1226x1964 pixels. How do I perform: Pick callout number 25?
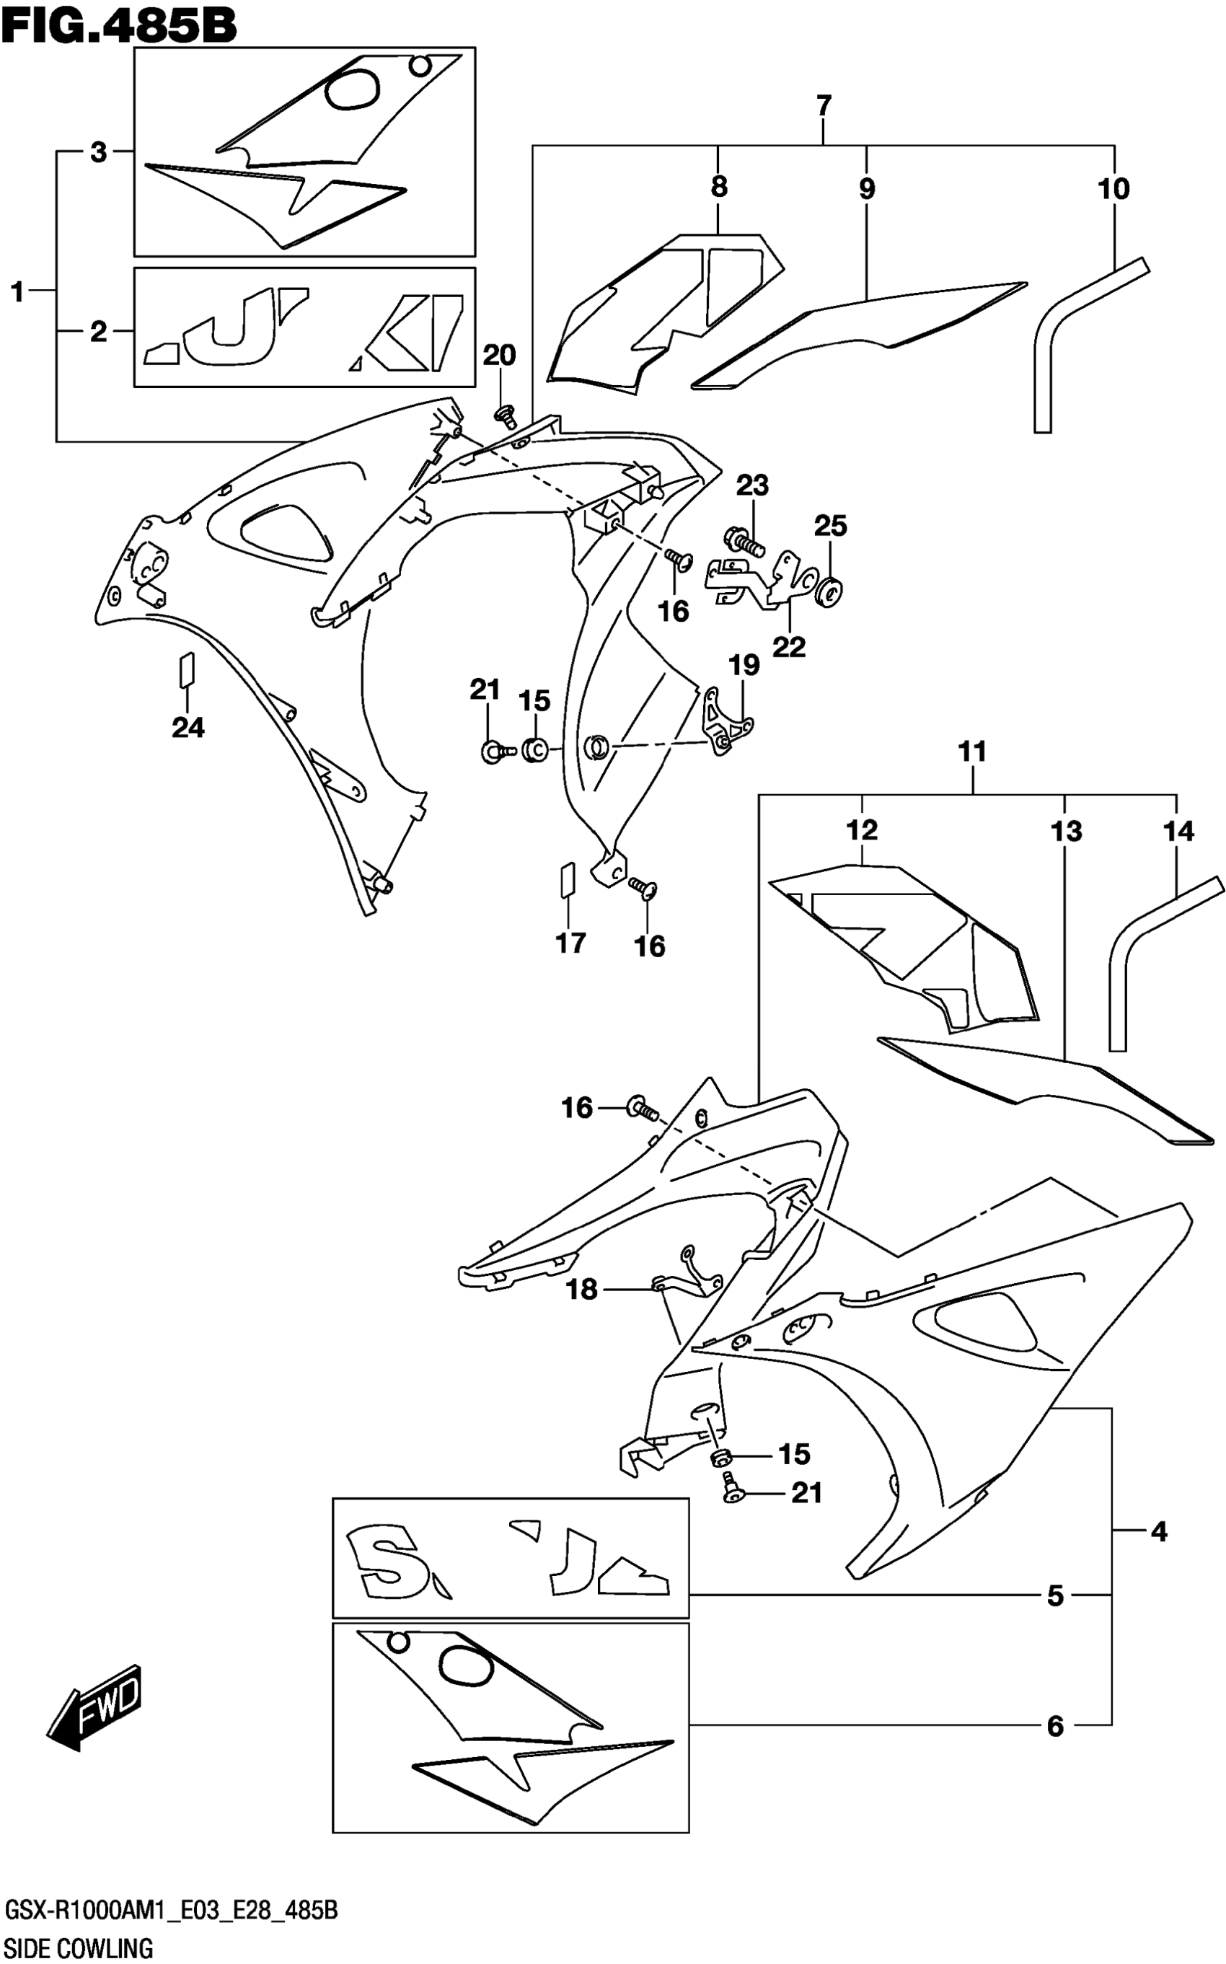click(x=830, y=527)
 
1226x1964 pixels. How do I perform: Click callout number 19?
click(x=744, y=665)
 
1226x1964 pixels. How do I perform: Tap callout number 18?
click(x=581, y=1290)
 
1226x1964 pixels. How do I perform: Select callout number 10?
click(x=1113, y=189)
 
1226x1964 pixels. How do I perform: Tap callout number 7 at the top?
click(x=823, y=105)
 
